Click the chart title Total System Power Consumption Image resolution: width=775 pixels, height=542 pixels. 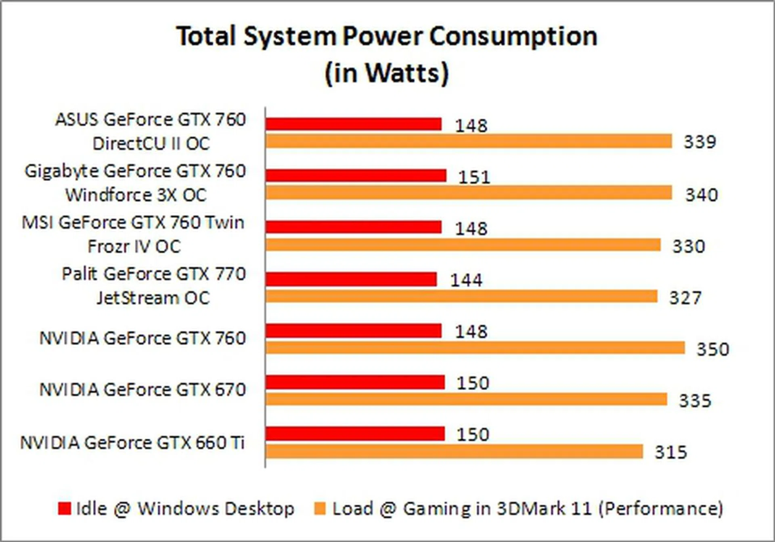387,36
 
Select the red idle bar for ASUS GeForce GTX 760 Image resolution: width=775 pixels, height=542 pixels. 353,124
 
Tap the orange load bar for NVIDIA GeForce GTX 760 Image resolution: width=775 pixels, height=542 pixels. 475,348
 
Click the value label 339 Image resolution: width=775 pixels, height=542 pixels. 700,142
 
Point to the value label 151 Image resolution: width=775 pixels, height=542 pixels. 474,177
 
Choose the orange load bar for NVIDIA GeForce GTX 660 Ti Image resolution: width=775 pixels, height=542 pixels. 454,452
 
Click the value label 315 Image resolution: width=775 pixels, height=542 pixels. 670,452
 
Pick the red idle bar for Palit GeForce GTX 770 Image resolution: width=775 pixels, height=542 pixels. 351,279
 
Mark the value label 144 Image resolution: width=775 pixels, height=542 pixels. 466,280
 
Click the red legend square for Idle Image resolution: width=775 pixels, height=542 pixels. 65,508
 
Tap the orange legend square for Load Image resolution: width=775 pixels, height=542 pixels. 320,508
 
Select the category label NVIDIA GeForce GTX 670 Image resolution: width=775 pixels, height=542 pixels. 142,390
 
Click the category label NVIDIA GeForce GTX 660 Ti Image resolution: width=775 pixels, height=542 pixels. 132,443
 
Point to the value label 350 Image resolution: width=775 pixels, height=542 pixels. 713,349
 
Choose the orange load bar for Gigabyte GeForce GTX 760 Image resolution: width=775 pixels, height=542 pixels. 469,193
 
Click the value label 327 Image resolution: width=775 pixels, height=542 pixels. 685,298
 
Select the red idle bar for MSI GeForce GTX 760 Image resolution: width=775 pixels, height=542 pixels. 353,227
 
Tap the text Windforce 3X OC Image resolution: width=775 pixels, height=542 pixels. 136,195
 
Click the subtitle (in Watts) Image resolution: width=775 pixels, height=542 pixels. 387,73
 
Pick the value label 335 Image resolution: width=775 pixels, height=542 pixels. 695,401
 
